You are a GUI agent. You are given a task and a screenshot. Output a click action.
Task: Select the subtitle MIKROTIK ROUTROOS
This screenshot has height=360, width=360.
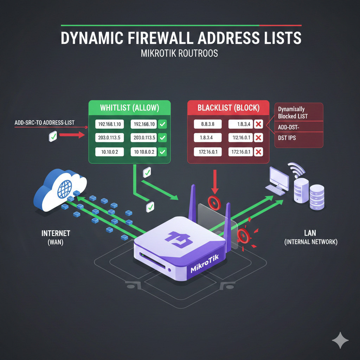tap(179, 53)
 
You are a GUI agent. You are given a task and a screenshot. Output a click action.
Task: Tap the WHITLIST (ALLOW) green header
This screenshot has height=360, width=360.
tap(129, 108)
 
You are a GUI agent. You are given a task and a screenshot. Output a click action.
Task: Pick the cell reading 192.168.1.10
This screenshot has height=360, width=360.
tap(110, 124)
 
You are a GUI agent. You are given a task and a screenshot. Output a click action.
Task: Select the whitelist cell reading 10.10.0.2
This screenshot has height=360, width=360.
tap(110, 152)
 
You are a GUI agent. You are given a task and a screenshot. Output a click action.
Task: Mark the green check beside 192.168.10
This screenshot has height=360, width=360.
tap(162, 124)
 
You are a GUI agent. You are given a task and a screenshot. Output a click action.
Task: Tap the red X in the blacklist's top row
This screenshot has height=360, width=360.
tap(258, 124)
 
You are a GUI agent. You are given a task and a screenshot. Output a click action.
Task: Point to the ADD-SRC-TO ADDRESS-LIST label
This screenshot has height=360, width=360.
tap(45, 123)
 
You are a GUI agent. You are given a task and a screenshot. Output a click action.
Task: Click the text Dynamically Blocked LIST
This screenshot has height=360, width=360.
tap(292, 112)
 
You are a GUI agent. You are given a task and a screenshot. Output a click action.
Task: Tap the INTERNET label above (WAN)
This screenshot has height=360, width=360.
tap(56, 233)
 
